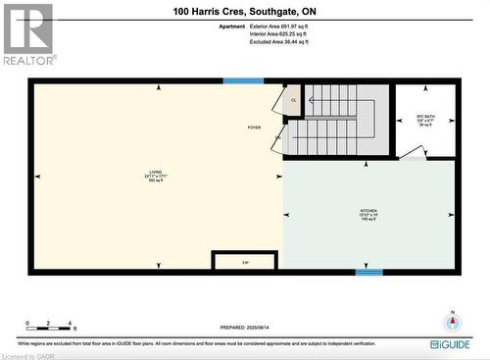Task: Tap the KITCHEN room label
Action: click(367, 215)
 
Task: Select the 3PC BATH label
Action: click(425, 121)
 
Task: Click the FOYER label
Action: click(254, 128)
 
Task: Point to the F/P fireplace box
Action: click(245, 261)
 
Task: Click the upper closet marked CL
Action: click(292, 100)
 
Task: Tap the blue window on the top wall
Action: click(243, 81)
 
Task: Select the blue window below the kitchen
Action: click(367, 272)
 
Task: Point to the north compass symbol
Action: click(453, 323)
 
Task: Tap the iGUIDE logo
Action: click(450, 344)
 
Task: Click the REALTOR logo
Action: click(26, 35)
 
